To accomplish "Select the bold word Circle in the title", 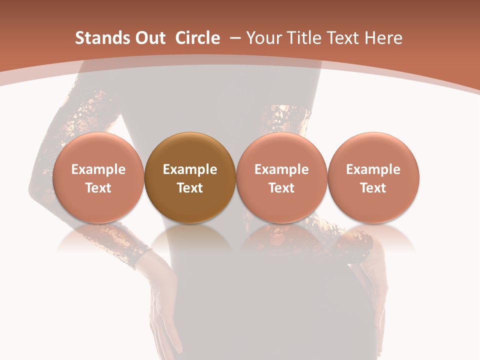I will click(x=197, y=38).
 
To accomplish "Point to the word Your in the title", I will click(x=262, y=38).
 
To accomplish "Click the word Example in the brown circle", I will click(x=189, y=169).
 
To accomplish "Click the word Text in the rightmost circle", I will click(x=373, y=188).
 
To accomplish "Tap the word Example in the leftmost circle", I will click(x=98, y=169).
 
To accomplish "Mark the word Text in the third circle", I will click(x=281, y=188).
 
